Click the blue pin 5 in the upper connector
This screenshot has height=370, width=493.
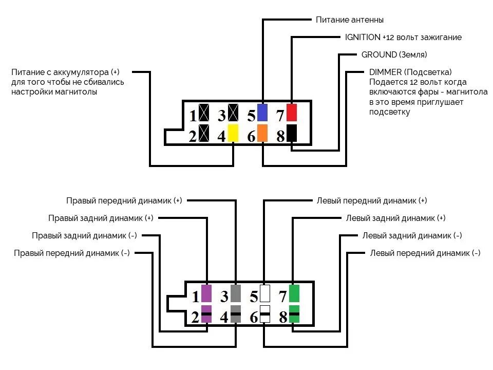[x=262, y=112]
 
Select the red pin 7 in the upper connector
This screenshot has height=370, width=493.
[x=292, y=112]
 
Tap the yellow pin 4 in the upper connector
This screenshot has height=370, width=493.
[x=234, y=133]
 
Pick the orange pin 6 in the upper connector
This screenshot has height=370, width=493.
[x=262, y=133]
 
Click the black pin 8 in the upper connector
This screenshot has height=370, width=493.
[x=292, y=133]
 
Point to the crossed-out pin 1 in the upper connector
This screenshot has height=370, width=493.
[x=204, y=113]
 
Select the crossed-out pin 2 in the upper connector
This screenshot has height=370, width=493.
[x=204, y=133]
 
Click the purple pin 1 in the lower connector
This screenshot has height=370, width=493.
[x=206, y=293]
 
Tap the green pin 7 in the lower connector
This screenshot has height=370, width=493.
[x=294, y=293]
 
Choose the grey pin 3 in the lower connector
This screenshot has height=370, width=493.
[x=236, y=293]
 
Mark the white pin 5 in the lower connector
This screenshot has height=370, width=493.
[x=265, y=293]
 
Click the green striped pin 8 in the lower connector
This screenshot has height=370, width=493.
[x=294, y=314]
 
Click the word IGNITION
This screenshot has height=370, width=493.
[x=363, y=38]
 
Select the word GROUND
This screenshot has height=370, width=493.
[x=379, y=54]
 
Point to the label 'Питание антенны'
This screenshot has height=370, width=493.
[x=350, y=20]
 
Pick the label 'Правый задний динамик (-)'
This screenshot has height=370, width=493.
[x=84, y=235]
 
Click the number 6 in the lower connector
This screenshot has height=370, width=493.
[x=254, y=318]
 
